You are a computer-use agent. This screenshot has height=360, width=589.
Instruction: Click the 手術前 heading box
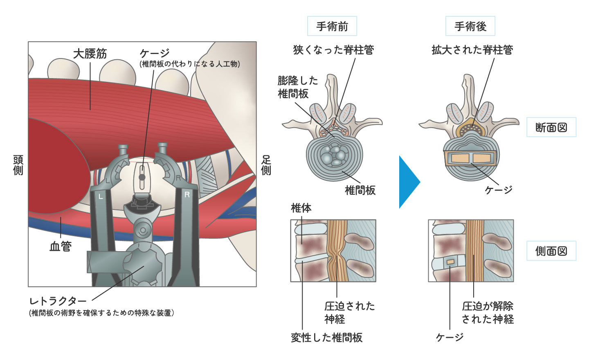332,27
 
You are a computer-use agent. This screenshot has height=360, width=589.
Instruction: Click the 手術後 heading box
470,27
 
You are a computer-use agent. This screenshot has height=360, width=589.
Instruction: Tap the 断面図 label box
551,128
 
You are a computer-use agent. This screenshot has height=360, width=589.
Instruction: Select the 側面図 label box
551,251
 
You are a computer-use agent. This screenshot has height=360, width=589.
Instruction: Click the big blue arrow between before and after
409,182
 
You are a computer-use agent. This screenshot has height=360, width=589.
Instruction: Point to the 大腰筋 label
90,54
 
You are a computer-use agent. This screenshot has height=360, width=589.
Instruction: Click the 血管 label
61,246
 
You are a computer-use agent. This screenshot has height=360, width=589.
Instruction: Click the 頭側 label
18,165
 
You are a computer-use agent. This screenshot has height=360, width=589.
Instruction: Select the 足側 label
266,165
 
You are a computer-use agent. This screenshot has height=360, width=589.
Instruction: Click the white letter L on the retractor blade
101,197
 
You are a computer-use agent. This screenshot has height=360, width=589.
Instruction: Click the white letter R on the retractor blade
187,195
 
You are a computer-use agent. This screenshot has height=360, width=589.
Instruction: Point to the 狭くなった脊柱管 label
333,50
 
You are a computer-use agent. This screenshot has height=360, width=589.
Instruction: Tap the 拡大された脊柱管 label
472,50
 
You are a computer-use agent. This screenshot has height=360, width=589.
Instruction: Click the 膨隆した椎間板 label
297,87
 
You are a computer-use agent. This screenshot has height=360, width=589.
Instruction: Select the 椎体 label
301,208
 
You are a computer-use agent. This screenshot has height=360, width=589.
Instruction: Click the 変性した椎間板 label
326,337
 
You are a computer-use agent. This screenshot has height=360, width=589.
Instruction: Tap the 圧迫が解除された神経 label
488,313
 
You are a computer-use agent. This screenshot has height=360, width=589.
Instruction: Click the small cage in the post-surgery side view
450,262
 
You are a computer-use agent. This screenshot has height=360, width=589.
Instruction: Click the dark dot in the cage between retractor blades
142,177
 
